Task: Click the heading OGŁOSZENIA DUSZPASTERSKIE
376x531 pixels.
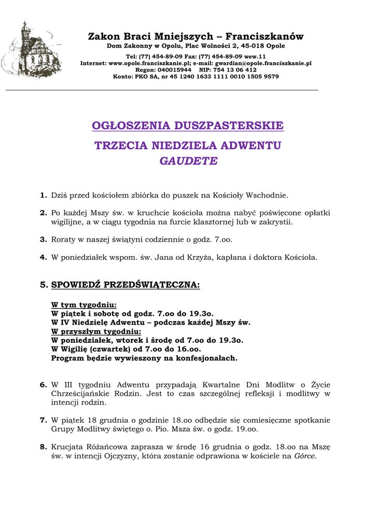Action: coord(188,126)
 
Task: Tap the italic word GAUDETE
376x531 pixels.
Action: coord(188,161)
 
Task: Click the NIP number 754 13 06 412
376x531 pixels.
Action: coord(235,69)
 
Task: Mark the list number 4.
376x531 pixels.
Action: coord(43,257)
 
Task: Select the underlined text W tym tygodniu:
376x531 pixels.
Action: coord(83,305)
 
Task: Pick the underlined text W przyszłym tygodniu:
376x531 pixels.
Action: coord(96,331)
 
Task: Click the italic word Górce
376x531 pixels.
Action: coord(305,456)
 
